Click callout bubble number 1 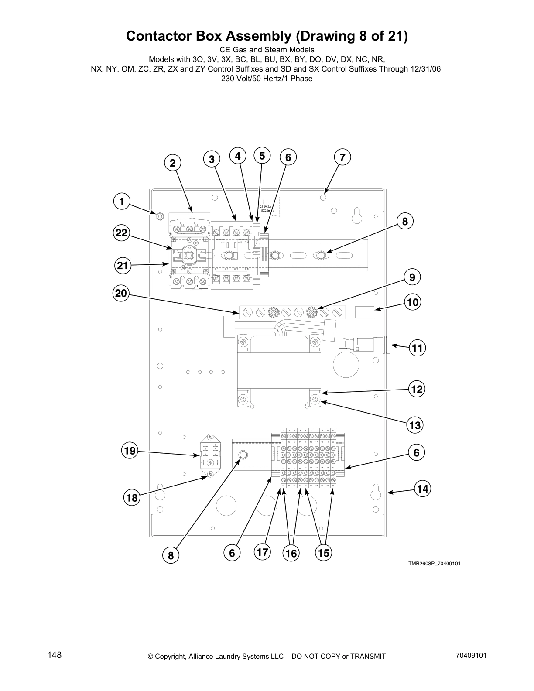(x=122, y=202)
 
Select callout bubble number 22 (x=121, y=233)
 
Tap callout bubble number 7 (x=342, y=157)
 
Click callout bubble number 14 (x=422, y=489)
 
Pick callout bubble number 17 (x=262, y=552)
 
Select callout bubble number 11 (x=418, y=348)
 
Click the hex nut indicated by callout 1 (x=160, y=216)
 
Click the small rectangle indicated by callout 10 (x=365, y=312)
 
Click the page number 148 (x=55, y=655)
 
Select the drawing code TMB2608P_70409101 (x=434, y=564)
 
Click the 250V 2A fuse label (x=265, y=208)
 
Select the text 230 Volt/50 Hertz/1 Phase (x=267, y=79)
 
